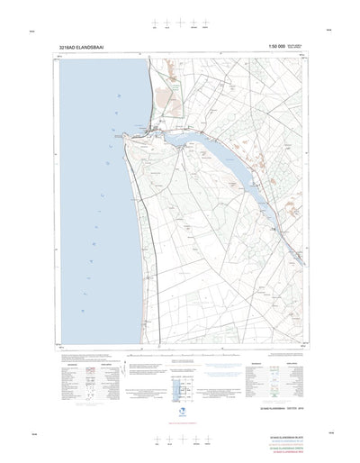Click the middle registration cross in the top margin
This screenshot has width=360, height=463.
pos(180,24)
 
